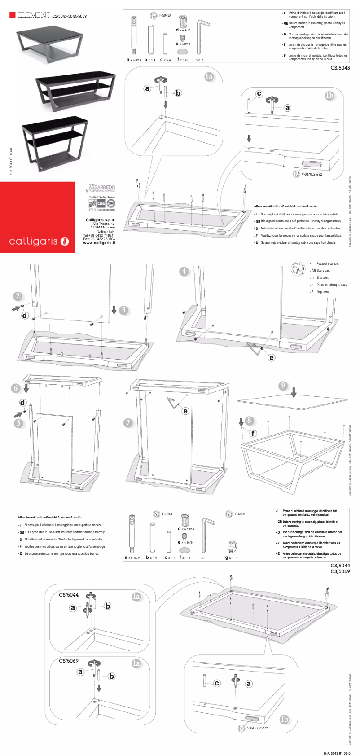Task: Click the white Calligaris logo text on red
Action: coord(34,241)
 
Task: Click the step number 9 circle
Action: coord(283,386)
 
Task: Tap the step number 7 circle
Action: coord(128,422)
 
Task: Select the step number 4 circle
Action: coord(184,272)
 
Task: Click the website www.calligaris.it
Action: coord(99,243)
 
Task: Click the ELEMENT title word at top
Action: coord(34,15)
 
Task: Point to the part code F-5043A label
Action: coord(165,16)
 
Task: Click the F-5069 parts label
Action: coord(240,514)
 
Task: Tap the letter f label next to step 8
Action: coord(253,433)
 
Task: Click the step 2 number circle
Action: coord(18,296)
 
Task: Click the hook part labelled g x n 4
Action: coord(232,547)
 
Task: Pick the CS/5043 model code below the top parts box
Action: coord(340,68)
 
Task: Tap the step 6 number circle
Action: coord(16,388)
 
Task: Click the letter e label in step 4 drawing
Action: coord(272,358)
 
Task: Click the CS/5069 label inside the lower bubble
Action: coord(69,661)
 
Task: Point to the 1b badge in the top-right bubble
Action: coord(329,96)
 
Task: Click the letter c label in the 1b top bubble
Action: coord(259,94)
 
